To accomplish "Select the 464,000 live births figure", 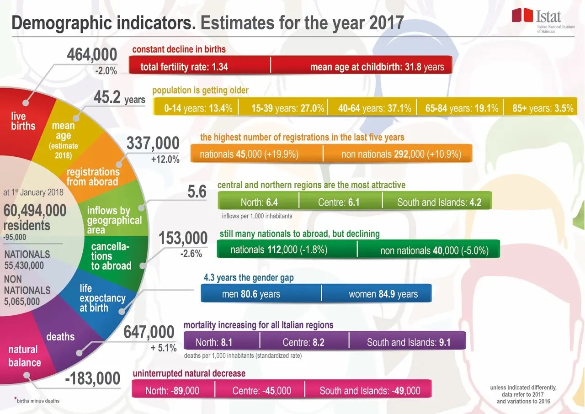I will pyautogui.click(x=92, y=55).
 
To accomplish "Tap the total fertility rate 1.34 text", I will pyautogui.click(x=184, y=67).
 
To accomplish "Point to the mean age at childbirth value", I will pyautogui.click(x=377, y=67).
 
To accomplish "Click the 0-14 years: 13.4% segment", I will pyautogui.click(x=198, y=109).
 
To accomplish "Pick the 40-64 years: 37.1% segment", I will pyautogui.click(x=374, y=109).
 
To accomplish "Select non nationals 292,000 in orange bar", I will pyautogui.click(x=401, y=154).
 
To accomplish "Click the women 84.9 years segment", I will pyautogui.click(x=383, y=294).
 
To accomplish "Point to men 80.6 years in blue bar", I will pyautogui.click(x=251, y=294).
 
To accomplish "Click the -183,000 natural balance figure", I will pyautogui.click(x=92, y=379).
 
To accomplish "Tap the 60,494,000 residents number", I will pyautogui.click(x=35, y=211).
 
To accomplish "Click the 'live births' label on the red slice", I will pyautogui.click(x=23, y=121).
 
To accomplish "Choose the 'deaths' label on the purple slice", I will pyautogui.click(x=60, y=337).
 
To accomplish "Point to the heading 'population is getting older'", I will pyautogui.click(x=200, y=90).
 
